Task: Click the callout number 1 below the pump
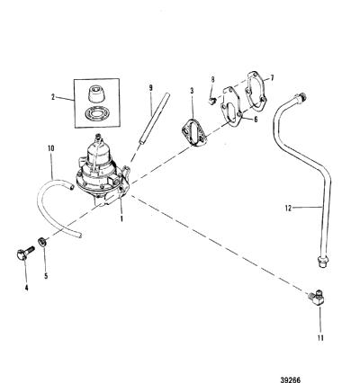click(x=121, y=218)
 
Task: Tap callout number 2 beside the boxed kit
click(x=53, y=97)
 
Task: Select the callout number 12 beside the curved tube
click(x=288, y=208)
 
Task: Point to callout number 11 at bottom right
click(x=320, y=338)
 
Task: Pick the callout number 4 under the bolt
click(x=26, y=288)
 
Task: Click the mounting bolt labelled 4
click(x=25, y=254)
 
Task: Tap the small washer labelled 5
click(x=42, y=241)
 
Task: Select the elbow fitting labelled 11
click(x=316, y=298)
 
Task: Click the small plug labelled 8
click(x=212, y=100)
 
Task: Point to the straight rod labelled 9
click(x=154, y=119)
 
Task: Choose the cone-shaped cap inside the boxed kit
click(x=96, y=94)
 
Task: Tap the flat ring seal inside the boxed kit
click(x=96, y=114)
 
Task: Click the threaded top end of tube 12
click(x=301, y=98)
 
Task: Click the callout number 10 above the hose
click(x=51, y=148)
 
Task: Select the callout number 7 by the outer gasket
click(x=272, y=78)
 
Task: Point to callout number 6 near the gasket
click(x=256, y=120)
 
